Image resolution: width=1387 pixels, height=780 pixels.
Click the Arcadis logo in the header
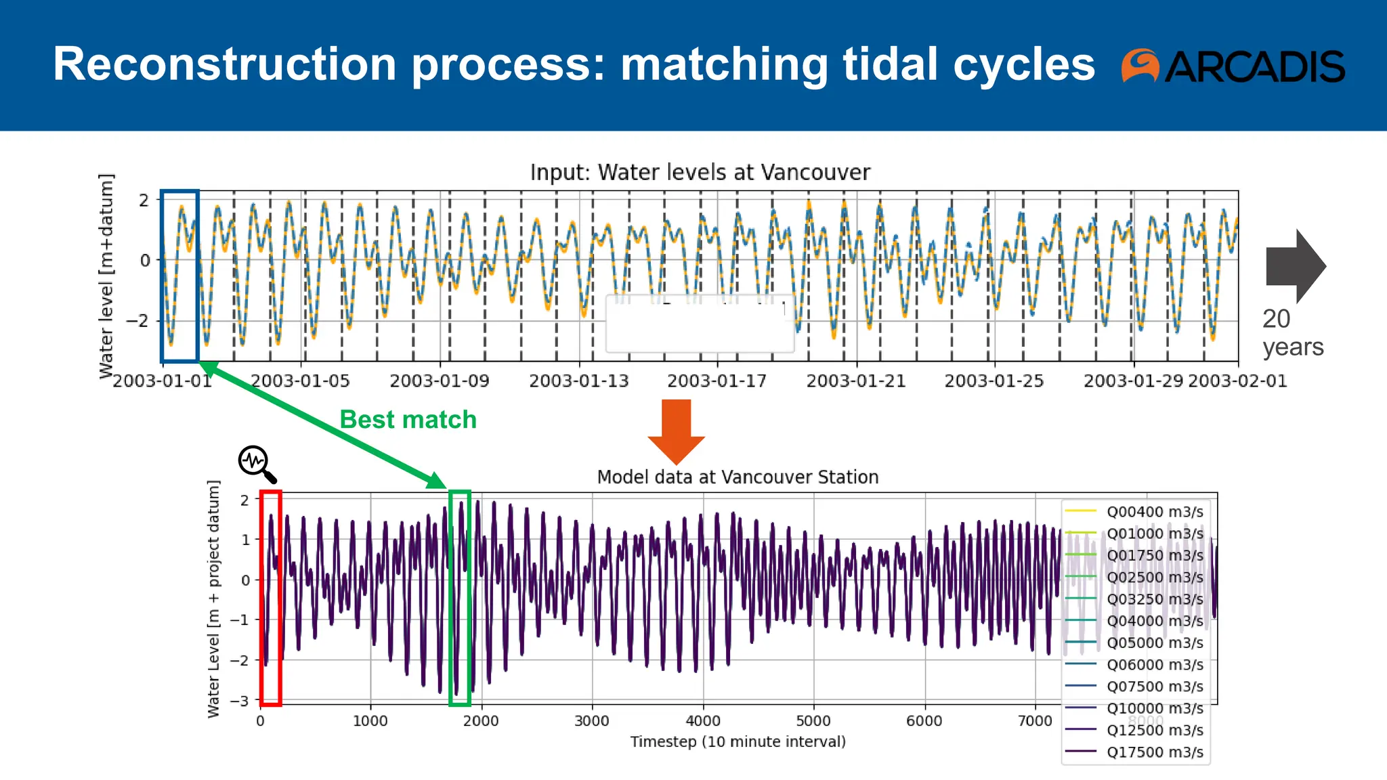pos(1233,66)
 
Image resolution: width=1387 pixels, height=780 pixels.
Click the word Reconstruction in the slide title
pos(224,64)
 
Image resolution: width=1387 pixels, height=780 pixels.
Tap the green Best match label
pos(408,420)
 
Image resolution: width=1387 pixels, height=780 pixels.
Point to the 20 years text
pos(1292,332)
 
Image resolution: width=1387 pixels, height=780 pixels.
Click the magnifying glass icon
pos(257,463)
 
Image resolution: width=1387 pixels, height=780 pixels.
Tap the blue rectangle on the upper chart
pos(179,276)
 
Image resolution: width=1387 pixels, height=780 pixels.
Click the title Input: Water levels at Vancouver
pos(700,173)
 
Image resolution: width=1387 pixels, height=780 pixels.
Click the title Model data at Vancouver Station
pos(738,477)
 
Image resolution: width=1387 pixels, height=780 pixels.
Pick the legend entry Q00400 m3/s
pos(1154,512)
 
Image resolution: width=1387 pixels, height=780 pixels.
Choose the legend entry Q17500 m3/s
pos(1154,752)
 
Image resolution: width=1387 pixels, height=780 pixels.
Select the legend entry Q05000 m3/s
pos(1154,643)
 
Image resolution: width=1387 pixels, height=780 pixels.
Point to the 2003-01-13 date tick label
pos(578,381)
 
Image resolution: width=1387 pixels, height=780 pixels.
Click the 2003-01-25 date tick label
pos(994,381)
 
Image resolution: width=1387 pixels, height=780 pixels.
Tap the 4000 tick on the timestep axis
pos(702,721)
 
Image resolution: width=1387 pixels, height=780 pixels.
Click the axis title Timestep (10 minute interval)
pos(738,742)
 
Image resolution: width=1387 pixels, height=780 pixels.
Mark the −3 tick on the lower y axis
pos(240,701)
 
